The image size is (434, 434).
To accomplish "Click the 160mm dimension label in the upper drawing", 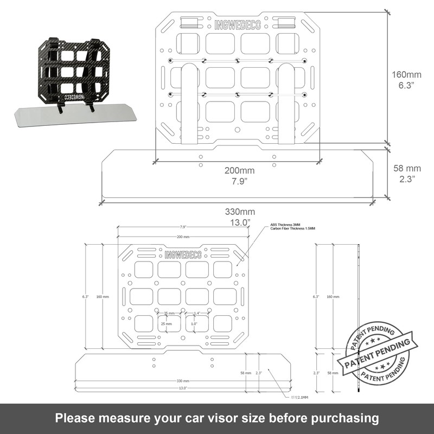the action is click(x=406, y=74).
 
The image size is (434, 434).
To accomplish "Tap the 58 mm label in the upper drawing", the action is click(x=406, y=168).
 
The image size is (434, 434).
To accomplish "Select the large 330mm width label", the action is click(x=239, y=212).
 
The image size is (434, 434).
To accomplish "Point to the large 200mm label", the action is click(x=239, y=170).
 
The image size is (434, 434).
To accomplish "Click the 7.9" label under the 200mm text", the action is click(x=239, y=181).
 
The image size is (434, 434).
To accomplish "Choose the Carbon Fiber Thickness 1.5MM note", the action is click(x=292, y=228).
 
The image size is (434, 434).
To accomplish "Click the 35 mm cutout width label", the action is click(x=169, y=314).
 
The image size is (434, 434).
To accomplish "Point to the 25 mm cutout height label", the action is click(x=166, y=323).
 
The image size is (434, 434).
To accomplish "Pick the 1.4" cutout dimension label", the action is click(x=196, y=314).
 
